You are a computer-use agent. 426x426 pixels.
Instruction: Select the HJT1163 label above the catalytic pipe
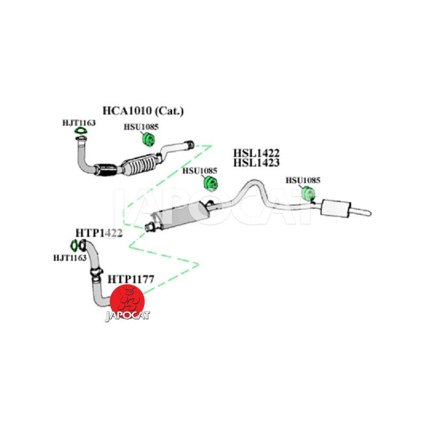point(78,123)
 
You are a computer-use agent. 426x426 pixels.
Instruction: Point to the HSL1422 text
point(256,153)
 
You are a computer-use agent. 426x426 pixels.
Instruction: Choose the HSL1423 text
point(256,163)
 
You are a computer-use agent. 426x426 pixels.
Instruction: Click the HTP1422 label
point(99,233)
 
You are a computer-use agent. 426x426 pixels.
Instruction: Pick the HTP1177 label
point(131,278)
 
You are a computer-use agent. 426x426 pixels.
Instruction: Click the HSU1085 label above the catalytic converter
point(141,128)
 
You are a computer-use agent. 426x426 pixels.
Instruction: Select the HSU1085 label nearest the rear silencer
point(303,180)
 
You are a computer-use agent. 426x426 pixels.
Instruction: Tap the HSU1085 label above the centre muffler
point(200,171)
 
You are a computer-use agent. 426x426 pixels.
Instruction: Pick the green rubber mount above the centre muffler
point(212,184)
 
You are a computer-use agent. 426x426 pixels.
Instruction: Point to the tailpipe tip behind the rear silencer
point(364,212)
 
